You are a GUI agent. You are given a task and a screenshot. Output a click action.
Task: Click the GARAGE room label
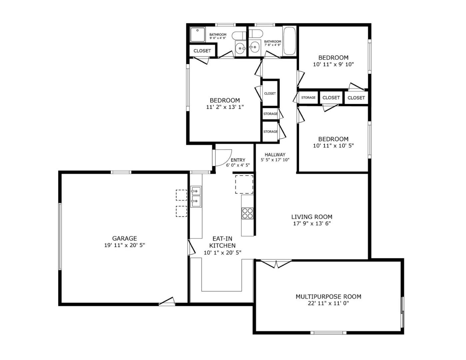pyautogui.click(x=124, y=238)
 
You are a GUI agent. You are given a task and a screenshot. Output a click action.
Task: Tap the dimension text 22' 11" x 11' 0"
pyautogui.click(x=328, y=303)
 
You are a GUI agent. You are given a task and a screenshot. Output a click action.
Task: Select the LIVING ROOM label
pyautogui.click(x=311, y=217)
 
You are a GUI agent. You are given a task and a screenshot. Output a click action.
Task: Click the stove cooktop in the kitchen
pyautogui.click(x=247, y=213)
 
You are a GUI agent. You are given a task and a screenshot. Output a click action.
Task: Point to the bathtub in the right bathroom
pyautogui.click(x=289, y=41)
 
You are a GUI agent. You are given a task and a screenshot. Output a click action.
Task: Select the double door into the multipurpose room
pyautogui.click(x=276, y=264)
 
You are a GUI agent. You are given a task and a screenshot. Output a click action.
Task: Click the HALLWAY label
pyautogui.click(x=275, y=155)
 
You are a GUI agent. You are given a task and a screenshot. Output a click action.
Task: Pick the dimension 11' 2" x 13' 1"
pyautogui.click(x=225, y=107)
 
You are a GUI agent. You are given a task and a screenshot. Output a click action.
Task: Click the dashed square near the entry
pyautogui.click(x=244, y=184)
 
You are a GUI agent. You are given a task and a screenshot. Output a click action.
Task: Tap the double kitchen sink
pyautogui.click(x=196, y=197)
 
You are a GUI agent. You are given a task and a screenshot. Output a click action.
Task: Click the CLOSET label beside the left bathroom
pyautogui.click(x=202, y=51)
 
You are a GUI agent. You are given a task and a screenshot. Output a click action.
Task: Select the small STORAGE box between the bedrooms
pyautogui.click(x=308, y=98)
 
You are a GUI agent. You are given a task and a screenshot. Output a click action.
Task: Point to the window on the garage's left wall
pyautogui.click(x=60, y=236)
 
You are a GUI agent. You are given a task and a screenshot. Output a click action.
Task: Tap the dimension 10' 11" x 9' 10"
pyautogui.click(x=333, y=64)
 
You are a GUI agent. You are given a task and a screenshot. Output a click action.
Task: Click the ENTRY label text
pyautogui.click(x=238, y=160)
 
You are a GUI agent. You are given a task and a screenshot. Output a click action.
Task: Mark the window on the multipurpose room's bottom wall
pyautogui.click(x=328, y=332)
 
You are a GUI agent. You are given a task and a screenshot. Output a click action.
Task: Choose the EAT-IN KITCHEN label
pyautogui.click(x=222, y=242)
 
